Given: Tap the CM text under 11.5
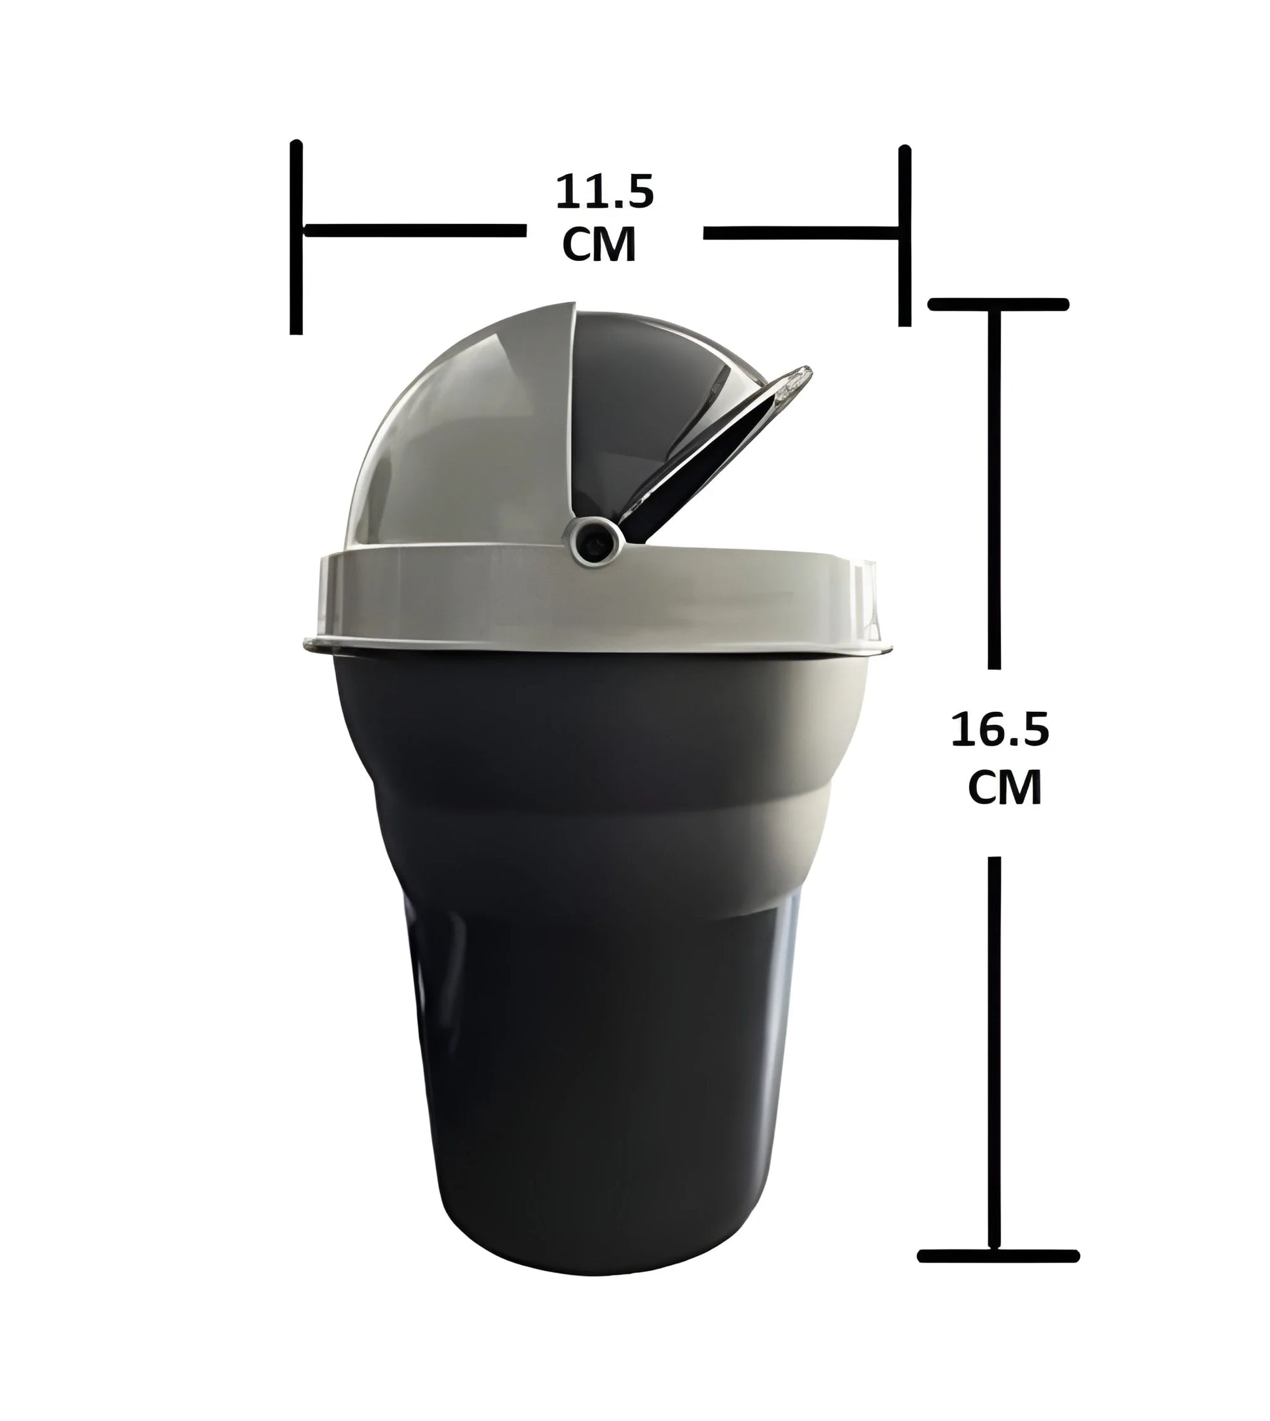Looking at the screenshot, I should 598,244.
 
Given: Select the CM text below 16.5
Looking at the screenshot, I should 1004,787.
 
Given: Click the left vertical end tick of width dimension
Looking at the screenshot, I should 296,237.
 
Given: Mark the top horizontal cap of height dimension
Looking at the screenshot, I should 998,304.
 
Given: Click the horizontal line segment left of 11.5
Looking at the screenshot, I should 415,231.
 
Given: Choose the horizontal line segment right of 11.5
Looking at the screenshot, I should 799,233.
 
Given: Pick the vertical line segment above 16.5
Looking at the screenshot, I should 995,488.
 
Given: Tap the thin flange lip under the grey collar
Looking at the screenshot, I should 600,648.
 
